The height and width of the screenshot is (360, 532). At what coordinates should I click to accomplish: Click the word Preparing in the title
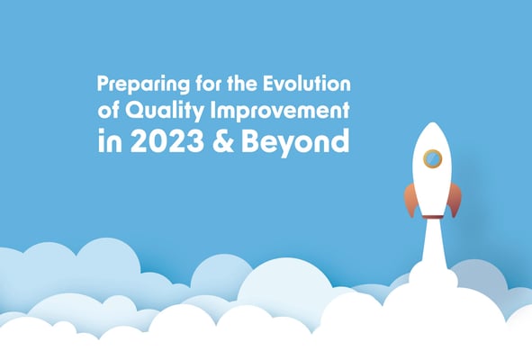click(x=143, y=85)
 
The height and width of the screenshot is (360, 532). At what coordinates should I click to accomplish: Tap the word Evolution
click(x=307, y=84)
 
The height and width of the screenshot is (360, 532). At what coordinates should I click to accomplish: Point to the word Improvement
click(x=280, y=112)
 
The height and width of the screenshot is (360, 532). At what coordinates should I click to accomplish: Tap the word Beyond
click(x=295, y=142)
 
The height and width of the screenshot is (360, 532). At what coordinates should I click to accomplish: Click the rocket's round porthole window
click(x=432, y=158)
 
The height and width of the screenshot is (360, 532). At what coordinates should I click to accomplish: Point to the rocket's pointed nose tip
click(x=432, y=122)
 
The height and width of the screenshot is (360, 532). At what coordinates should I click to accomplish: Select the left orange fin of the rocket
click(x=410, y=200)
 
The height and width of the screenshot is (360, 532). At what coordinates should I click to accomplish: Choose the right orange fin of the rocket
click(x=454, y=200)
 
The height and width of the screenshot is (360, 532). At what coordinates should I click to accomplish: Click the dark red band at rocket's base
click(x=433, y=217)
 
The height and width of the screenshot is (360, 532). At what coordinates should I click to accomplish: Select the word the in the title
click(x=242, y=84)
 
